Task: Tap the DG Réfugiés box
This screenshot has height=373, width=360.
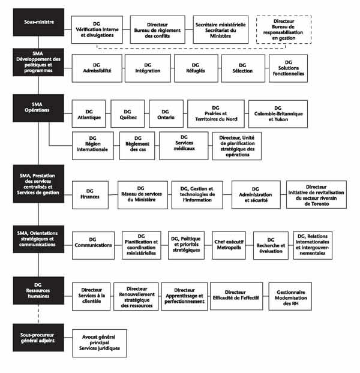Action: [x=196, y=68]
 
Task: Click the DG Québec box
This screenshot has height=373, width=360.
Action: [x=127, y=114]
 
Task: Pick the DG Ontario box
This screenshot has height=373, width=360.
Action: [x=166, y=114]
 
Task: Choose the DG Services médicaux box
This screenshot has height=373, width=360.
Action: [x=183, y=145]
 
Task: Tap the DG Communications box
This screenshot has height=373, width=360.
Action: [x=93, y=245]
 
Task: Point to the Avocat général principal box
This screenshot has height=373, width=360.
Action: [x=100, y=342]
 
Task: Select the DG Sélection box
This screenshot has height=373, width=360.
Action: [x=242, y=68]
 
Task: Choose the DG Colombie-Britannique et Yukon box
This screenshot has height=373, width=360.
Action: [x=278, y=114]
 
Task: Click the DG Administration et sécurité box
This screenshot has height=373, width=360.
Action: [x=255, y=194]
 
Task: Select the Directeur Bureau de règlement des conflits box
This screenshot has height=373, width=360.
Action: [x=158, y=29]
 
